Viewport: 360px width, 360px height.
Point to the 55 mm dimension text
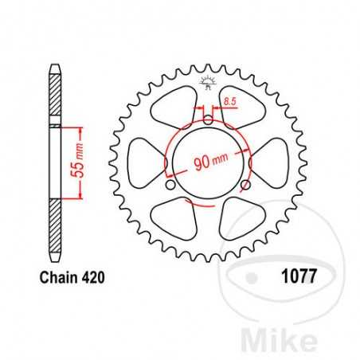tap(69, 162)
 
